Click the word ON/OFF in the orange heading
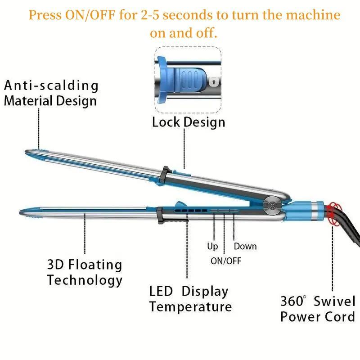[90, 15]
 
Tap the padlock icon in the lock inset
[214, 81]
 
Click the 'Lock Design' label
[189, 122]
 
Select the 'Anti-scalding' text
[51, 85]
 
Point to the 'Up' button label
[212, 246]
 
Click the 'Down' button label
[245, 246]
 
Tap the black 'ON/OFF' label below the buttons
[226, 261]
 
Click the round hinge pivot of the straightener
[272, 205]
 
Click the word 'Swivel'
[334, 301]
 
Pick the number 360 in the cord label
[292, 301]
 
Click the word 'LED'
[161, 291]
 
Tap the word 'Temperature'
[190, 306]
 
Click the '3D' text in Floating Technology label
[55, 264]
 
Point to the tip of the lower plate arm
[20, 212]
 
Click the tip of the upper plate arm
[26, 152]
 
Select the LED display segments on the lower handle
[190, 210]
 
